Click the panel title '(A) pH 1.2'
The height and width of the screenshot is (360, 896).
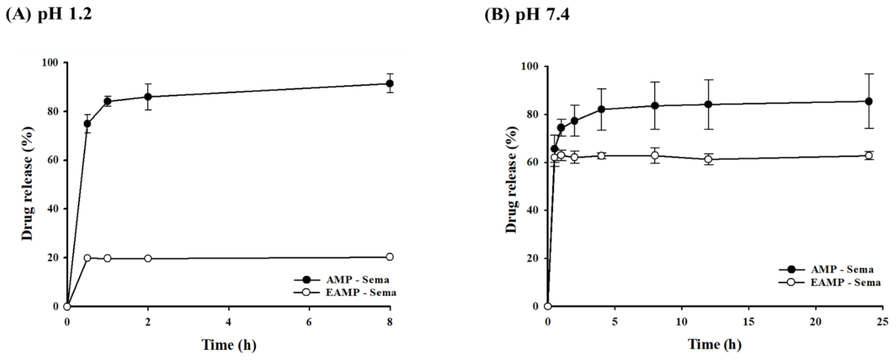[49, 15]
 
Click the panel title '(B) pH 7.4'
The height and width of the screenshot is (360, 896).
[527, 15]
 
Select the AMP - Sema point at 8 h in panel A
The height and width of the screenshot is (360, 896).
[390, 84]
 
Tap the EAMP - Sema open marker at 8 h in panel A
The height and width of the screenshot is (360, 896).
[390, 257]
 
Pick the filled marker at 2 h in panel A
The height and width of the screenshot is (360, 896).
[148, 97]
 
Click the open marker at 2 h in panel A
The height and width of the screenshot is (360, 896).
[148, 258]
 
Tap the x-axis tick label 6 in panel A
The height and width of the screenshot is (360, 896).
[309, 322]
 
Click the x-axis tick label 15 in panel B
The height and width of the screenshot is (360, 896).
[749, 322]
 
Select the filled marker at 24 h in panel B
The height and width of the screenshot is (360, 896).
[869, 101]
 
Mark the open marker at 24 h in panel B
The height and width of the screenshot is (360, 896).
[869, 156]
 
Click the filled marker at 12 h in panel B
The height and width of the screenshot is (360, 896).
[708, 104]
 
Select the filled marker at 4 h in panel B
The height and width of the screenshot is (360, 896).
[601, 109]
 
